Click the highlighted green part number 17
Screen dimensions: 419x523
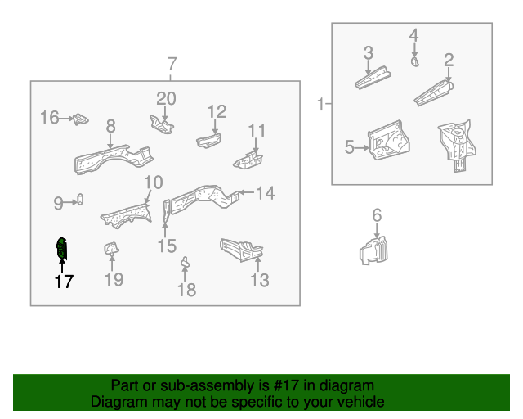tap(60, 248)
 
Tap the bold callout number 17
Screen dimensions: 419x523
tap(64, 282)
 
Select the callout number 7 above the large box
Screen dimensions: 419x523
tap(172, 65)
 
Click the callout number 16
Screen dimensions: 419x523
tap(50, 118)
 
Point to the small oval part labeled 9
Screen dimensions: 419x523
tap(81, 200)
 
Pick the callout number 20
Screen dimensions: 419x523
tap(167, 99)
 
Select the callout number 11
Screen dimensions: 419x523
tap(257, 130)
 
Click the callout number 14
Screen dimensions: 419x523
tap(266, 193)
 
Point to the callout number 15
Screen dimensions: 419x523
tap(167, 246)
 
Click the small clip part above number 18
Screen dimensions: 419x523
tap(186, 264)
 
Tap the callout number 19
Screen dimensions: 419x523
tap(114, 280)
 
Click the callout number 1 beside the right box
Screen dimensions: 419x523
tap(321, 104)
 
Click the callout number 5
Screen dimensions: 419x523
tap(349, 147)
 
